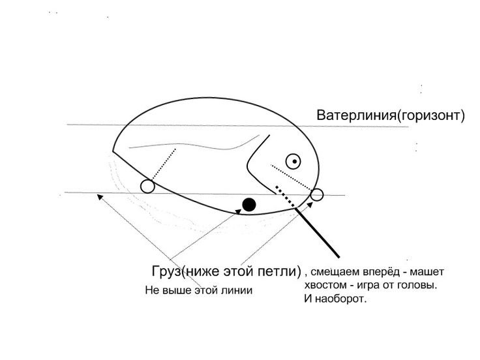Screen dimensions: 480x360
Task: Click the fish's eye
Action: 293,161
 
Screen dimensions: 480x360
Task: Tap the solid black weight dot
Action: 249,205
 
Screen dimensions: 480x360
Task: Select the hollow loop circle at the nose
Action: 317,195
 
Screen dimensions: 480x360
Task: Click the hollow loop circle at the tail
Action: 147,187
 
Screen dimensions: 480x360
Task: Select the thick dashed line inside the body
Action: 285,197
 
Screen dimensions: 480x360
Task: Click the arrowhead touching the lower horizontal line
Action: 100,197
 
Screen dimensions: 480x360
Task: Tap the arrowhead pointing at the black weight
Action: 238,212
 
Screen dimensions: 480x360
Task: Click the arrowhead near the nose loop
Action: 310,204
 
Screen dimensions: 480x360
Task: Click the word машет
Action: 427,272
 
